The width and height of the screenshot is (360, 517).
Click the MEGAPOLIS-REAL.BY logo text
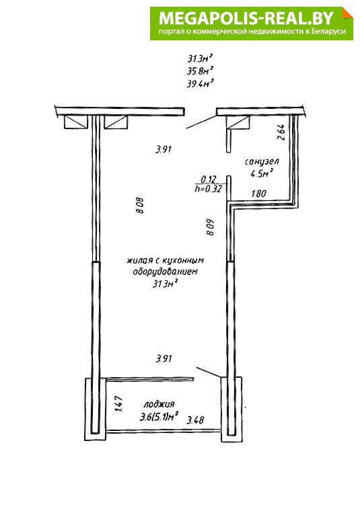click(x=246, y=17)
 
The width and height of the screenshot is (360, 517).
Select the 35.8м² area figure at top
click(x=200, y=71)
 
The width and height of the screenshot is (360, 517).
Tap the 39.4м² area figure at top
click(x=200, y=83)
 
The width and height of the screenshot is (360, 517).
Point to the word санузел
click(x=262, y=161)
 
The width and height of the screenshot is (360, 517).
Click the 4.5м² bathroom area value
click(x=262, y=173)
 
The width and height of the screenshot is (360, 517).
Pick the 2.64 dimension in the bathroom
click(x=281, y=132)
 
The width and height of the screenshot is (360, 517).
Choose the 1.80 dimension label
click(x=258, y=193)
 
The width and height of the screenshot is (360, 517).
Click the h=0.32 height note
click(x=208, y=189)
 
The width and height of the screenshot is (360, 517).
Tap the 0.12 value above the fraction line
click(x=208, y=180)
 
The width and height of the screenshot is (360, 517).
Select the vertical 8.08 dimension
click(x=140, y=206)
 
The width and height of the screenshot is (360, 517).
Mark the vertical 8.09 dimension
click(x=210, y=227)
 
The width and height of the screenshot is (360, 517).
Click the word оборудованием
click(x=165, y=272)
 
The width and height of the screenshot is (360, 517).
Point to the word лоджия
click(x=159, y=404)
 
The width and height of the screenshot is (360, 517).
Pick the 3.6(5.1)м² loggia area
click(x=159, y=417)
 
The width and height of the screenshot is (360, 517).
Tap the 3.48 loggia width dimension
click(x=195, y=420)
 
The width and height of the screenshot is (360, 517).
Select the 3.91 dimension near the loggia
click(x=164, y=358)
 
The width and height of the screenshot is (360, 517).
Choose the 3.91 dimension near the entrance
click(x=164, y=149)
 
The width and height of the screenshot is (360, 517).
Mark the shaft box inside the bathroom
click(x=238, y=122)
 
